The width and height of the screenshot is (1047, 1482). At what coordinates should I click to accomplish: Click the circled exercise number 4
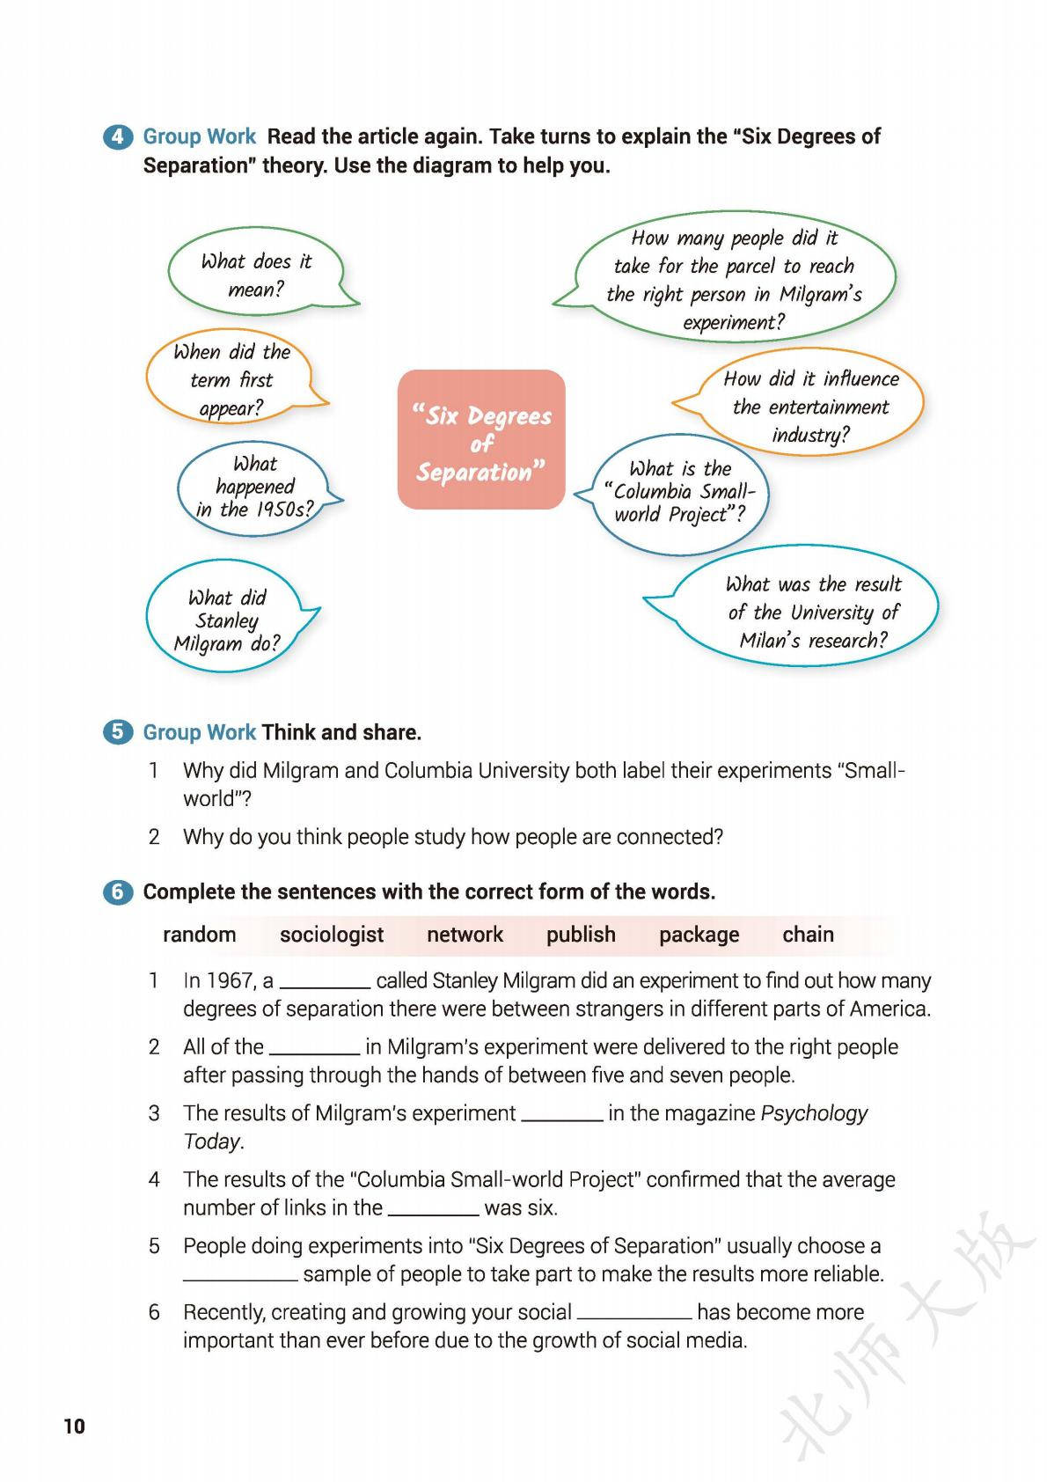pos(117,137)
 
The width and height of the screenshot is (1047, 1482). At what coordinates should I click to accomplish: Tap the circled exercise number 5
pos(117,732)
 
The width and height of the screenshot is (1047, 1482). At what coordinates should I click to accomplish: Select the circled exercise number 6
pos(117,891)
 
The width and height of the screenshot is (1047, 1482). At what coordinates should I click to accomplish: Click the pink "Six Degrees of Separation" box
pos(481,439)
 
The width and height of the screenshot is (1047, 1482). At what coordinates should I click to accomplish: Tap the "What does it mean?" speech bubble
pos(255,275)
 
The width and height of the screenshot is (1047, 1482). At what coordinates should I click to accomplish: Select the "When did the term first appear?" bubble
pos(231,379)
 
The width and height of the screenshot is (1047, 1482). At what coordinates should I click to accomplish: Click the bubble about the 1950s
pos(254,487)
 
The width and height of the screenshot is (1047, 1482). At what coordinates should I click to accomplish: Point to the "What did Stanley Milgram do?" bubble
pos(227,620)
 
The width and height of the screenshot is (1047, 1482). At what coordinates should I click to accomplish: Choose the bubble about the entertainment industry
pos(810,406)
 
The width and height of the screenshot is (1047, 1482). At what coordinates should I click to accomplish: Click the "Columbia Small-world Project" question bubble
pos(680,492)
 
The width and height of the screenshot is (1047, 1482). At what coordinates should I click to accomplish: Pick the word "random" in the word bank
pos(200,935)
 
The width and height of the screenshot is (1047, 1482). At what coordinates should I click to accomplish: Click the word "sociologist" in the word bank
pos(332,935)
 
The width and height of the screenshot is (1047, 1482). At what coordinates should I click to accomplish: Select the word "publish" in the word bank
pos(581,935)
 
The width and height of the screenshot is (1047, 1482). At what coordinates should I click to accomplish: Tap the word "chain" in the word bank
pos(808,935)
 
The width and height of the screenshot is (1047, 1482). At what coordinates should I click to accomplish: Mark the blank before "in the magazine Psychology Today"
pos(561,1116)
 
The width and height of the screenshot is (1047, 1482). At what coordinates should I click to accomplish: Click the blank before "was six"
pos(433,1210)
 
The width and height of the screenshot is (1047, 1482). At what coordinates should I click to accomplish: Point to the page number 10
pos(75,1427)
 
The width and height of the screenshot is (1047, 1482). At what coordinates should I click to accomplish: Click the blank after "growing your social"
pos(634,1315)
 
